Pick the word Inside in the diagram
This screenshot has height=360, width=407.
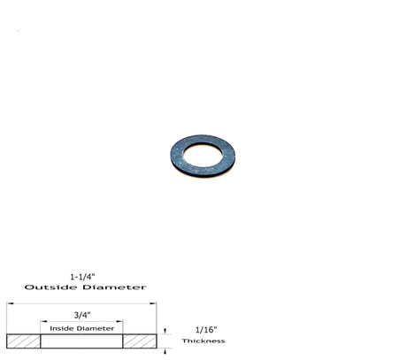pos(63,328)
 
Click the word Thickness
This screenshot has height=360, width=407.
pos(203,341)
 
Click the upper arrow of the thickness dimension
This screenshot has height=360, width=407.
pos(165,331)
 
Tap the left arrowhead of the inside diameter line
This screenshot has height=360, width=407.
pos(42,320)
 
